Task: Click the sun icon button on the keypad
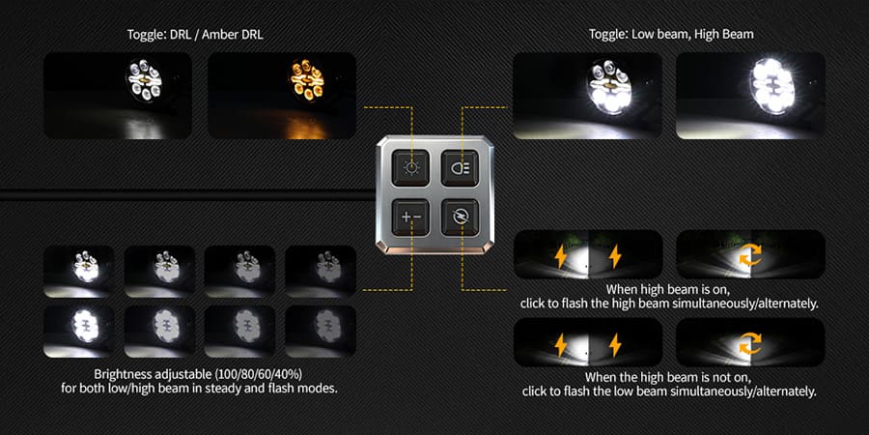pyautogui.click(x=411, y=168)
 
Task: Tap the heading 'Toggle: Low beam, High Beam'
pyautogui.click(x=671, y=34)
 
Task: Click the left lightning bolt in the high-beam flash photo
pyautogui.click(x=559, y=256)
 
